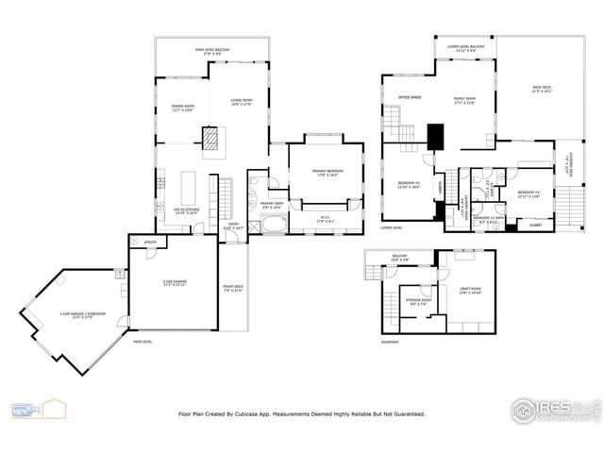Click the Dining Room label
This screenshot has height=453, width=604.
[183, 109]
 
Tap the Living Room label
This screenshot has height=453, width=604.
[243, 101]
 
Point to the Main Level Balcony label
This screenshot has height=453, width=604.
[212, 51]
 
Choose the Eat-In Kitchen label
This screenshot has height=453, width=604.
[186, 210]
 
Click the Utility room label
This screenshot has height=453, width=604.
[150, 243]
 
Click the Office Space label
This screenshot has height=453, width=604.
[409, 97]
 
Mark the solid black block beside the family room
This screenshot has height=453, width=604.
[435, 138]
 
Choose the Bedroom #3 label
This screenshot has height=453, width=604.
[409, 185]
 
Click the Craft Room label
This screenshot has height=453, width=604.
[470, 291]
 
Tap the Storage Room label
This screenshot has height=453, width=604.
[420, 302]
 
